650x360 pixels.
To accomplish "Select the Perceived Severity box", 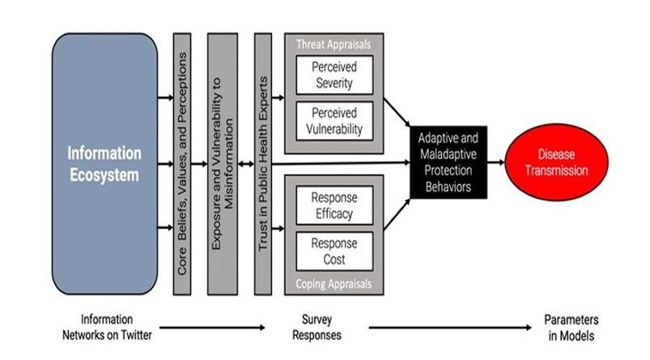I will click(x=332, y=75).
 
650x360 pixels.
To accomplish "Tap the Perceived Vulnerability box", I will click(x=332, y=121).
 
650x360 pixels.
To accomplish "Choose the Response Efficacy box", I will click(x=332, y=205).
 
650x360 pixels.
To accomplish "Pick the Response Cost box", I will click(x=332, y=250).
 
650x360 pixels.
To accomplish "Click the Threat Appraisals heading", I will click(x=333, y=44).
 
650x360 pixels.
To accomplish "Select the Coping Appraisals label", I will click(x=333, y=283).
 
